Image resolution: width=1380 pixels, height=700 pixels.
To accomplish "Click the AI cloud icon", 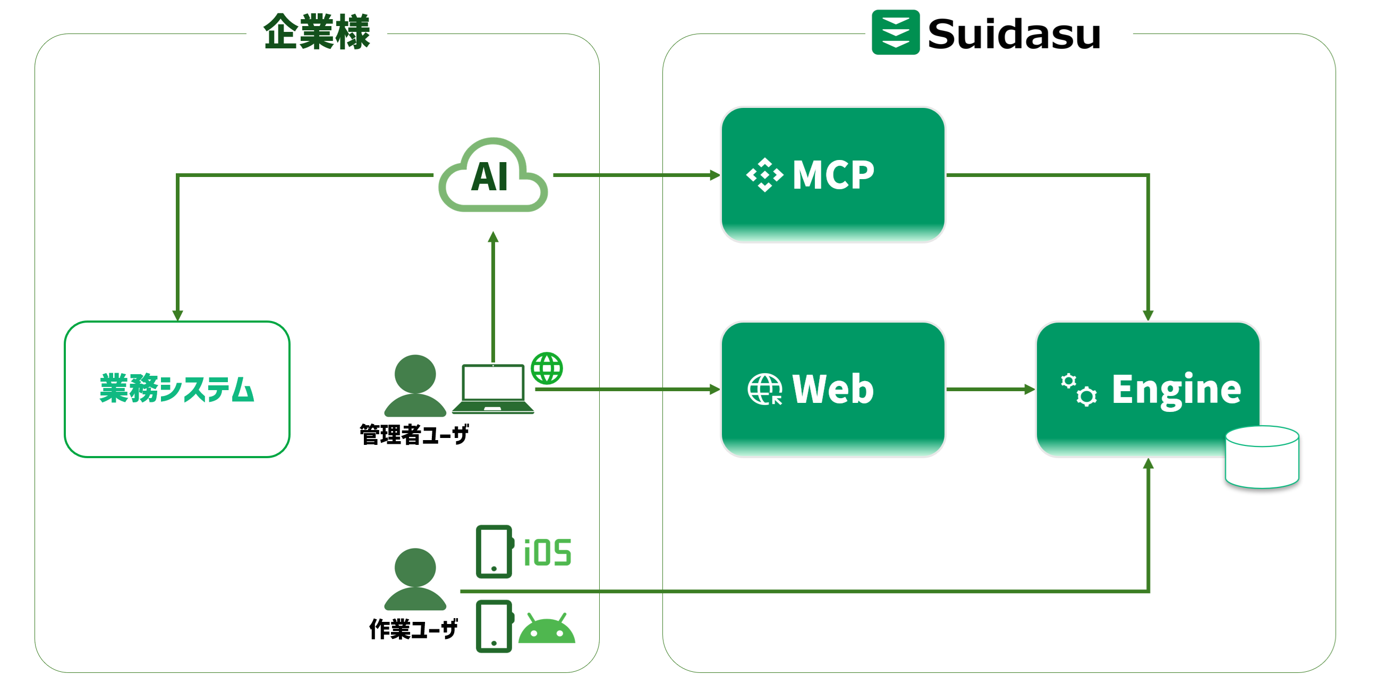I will coord(493,176).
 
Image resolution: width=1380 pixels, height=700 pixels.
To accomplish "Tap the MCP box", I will coord(832,175).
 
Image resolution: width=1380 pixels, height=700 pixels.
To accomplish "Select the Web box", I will coord(832,389).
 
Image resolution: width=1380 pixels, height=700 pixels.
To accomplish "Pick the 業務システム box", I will coord(177,389).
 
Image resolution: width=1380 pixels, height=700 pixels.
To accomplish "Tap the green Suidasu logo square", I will coord(895,32).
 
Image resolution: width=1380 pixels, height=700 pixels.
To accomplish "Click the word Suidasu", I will coord(1013,35).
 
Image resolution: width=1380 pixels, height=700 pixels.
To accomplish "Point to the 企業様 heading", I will coord(317,32).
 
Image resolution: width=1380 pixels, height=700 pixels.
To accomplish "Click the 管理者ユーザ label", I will coord(414,434).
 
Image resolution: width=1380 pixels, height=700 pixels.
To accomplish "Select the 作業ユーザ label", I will coord(414,629).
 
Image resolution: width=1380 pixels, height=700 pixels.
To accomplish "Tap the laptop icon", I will coord(493,389).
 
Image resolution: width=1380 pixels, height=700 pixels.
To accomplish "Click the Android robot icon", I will coord(547,628).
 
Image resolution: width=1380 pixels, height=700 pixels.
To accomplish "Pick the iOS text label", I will coord(548,553).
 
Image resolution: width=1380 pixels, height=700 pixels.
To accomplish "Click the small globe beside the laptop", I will coord(547,368).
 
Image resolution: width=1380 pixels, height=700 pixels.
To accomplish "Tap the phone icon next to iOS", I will coord(494,552).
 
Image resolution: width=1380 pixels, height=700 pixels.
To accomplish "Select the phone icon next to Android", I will coord(494,627).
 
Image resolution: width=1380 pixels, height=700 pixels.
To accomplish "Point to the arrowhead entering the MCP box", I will coord(715,175).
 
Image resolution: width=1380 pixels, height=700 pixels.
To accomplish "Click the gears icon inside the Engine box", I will coord(1078,390).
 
